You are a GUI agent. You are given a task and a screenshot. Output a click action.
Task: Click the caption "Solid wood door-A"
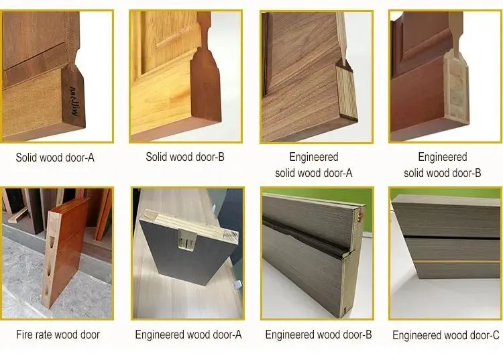point(55,158)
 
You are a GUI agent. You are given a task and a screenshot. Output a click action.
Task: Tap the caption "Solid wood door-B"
point(185,157)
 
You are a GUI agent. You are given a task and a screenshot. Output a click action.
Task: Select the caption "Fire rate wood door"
point(58,335)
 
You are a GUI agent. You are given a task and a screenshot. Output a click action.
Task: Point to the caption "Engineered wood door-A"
point(188,335)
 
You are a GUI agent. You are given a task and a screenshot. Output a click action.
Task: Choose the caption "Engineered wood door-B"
point(318,335)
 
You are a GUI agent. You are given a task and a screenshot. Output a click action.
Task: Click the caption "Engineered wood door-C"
point(445,335)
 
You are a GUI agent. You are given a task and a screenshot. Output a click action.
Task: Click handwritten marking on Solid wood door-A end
point(74,101)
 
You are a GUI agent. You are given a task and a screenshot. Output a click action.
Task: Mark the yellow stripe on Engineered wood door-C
point(457,262)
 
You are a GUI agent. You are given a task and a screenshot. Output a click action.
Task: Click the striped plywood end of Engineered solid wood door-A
point(346,93)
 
